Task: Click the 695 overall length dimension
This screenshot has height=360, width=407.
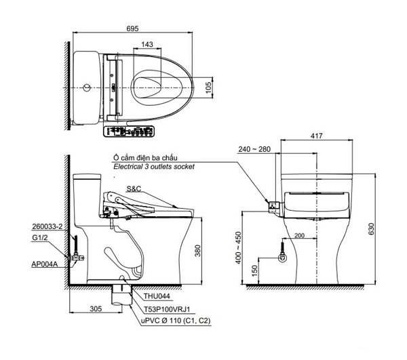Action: [132, 28]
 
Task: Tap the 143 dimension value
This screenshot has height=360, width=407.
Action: [147, 44]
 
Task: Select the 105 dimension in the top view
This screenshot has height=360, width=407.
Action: [208, 87]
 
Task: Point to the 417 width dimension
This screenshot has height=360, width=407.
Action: [316, 136]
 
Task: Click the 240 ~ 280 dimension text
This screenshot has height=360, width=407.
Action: [254, 149]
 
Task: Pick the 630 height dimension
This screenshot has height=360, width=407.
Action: [371, 228]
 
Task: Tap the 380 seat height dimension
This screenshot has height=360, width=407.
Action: [198, 251]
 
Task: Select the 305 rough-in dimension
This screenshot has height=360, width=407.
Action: [96, 309]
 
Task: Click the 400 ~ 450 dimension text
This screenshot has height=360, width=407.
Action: [238, 247]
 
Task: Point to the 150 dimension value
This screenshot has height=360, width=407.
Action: [255, 271]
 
